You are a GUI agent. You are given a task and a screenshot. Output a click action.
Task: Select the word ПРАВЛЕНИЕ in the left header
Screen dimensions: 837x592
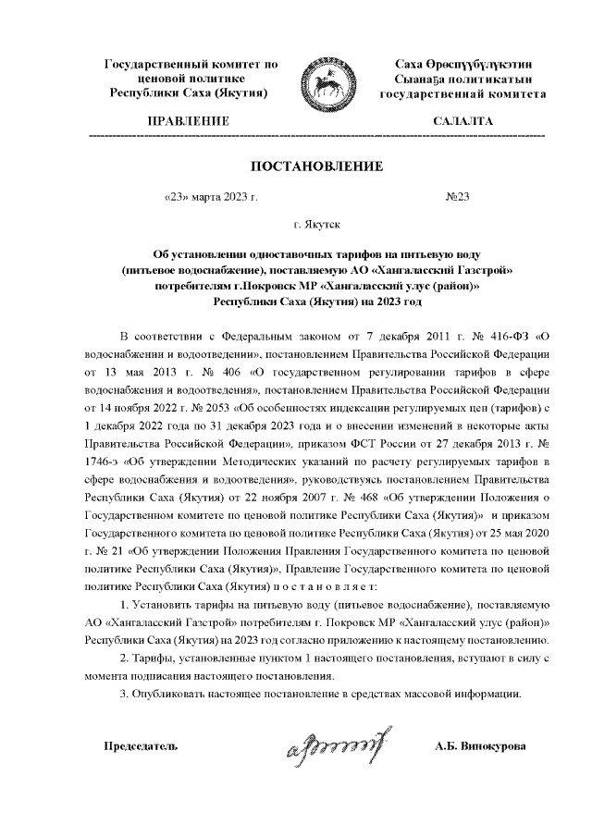(x=188, y=121)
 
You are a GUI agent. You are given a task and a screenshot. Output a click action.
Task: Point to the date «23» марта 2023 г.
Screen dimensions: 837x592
(x=209, y=196)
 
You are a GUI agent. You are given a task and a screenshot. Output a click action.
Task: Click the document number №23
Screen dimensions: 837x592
(x=458, y=196)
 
